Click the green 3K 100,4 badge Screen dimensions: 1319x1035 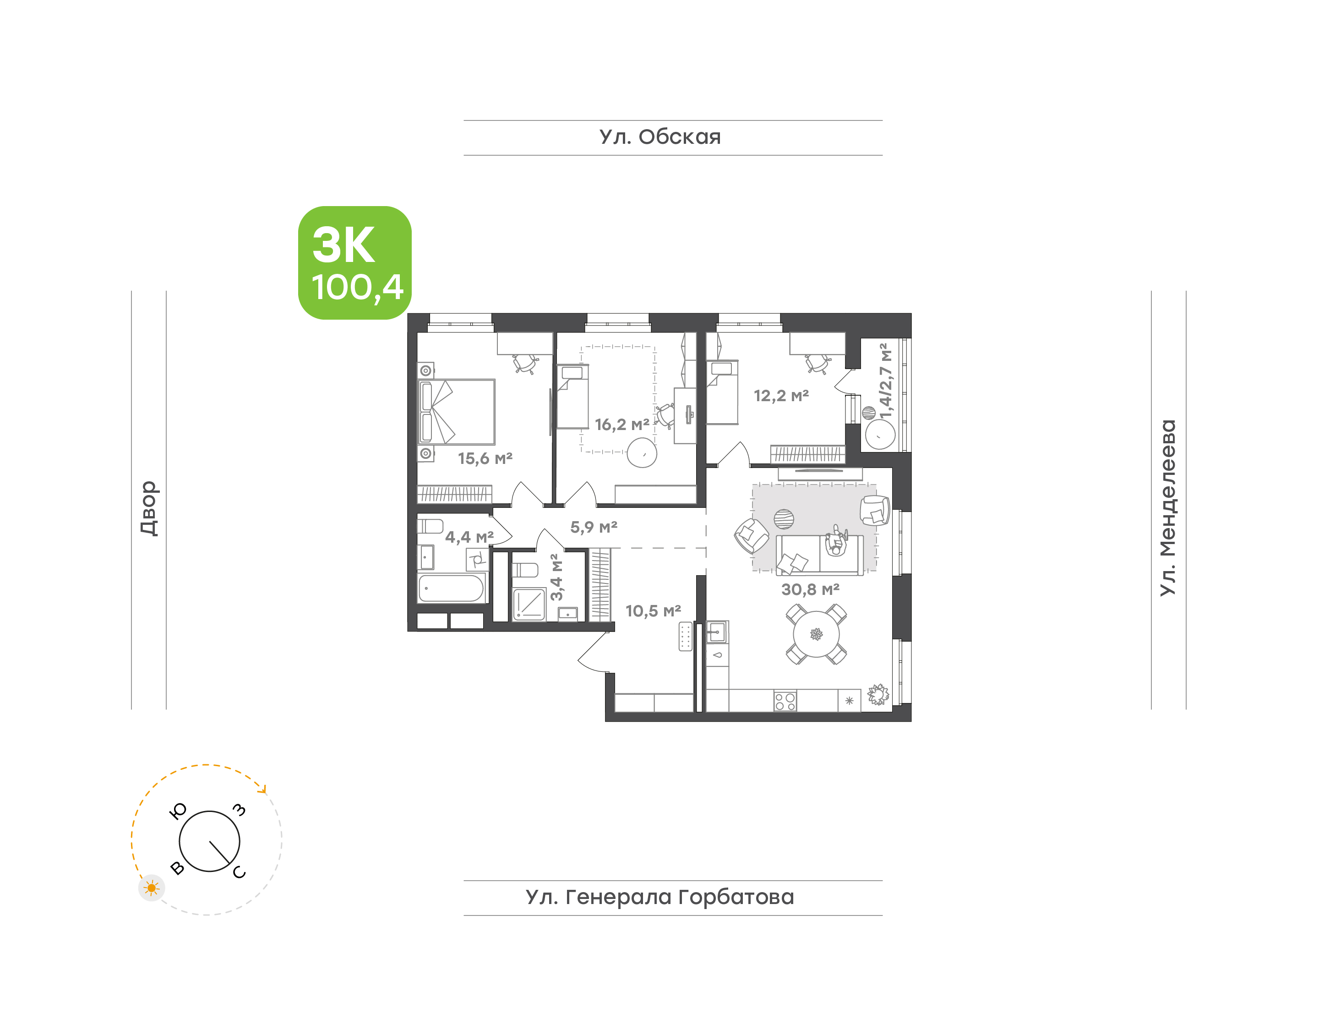[354, 262]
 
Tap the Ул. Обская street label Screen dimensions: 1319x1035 [660, 137]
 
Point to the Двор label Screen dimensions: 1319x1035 [148, 508]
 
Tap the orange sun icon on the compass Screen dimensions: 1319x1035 [152, 888]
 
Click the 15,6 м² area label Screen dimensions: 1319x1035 [485, 459]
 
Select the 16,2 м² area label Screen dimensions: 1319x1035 [622, 425]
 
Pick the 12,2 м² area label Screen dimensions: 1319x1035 [781, 396]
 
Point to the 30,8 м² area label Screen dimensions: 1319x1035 [810, 589]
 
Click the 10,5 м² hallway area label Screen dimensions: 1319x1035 [653, 611]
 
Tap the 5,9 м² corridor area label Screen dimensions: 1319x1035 [594, 527]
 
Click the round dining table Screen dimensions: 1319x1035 [816, 634]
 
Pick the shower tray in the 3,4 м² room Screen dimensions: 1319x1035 [529, 604]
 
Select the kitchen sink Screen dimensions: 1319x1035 [717, 632]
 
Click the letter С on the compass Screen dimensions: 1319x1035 [240, 872]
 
